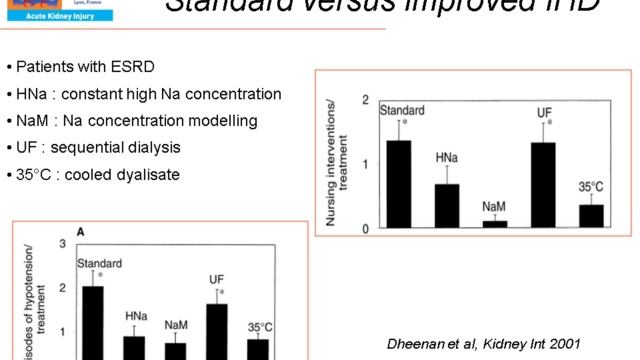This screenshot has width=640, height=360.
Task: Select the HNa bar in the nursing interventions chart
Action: click(447, 206)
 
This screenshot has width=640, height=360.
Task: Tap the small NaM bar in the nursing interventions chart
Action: click(494, 224)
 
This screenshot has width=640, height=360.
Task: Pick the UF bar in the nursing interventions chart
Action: click(543, 185)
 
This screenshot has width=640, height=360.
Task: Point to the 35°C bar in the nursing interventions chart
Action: click(591, 216)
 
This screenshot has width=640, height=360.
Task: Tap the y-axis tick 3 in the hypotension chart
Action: click(63, 244)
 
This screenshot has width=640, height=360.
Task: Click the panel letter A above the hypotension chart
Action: click(81, 230)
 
